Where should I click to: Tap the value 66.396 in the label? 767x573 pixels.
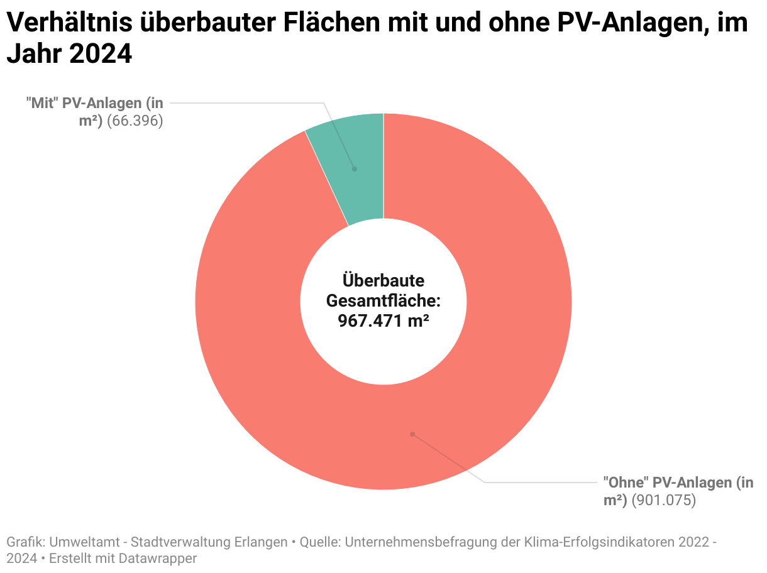coord(135,121)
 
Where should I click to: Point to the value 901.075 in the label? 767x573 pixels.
coord(663,501)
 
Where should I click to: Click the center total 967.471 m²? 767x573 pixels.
coord(383,320)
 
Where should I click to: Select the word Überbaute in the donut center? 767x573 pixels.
coord(383,280)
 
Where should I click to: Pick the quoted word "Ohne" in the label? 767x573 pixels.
coord(626,483)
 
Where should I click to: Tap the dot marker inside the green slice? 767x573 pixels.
coord(354,169)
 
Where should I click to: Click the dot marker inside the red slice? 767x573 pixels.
coord(412,434)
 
